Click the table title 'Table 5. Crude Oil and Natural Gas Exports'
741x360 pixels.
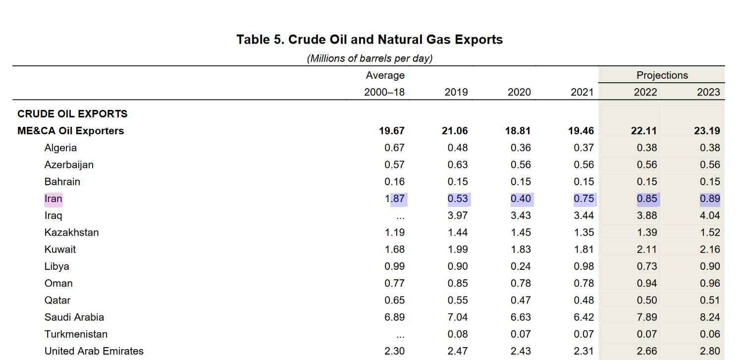coord(370,40)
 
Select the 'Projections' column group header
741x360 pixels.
coord(662,75)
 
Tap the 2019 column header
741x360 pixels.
coord(456,92)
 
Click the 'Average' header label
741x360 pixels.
coord(385,75)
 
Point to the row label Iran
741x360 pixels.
coord(53,199)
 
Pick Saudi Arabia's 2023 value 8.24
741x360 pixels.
coord(709,317)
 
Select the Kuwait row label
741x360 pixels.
coord(60,250)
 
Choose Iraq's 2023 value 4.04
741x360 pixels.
coord(709,216)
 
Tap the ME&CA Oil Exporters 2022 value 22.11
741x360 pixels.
coord(644,131)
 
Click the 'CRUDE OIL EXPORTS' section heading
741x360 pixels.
coord(72,114)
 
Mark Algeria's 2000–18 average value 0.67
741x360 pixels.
coord(394,148)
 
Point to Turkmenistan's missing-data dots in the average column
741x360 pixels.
coord(400,335)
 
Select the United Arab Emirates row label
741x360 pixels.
coord(94,351)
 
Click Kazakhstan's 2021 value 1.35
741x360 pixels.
coord(583,233)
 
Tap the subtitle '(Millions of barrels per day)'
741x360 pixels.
coord(370,58)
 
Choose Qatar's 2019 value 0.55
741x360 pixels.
coord(457,301)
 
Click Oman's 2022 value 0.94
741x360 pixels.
coord(646,284)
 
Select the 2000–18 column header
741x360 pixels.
coord(384,92)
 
